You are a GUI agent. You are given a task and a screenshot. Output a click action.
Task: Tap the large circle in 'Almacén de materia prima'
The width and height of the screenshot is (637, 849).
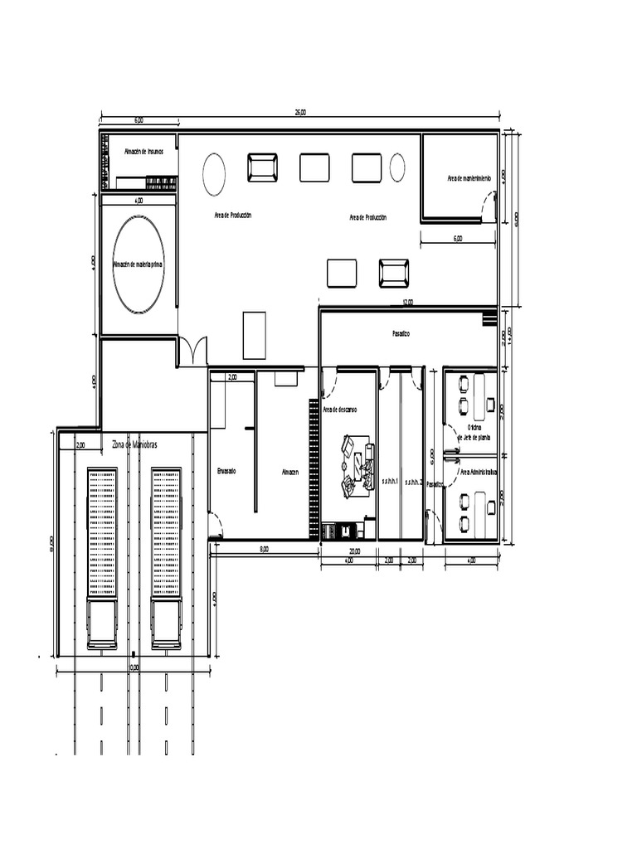click(139, 264)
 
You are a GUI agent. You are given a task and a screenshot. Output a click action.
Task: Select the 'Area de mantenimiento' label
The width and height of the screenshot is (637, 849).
click(469, 178)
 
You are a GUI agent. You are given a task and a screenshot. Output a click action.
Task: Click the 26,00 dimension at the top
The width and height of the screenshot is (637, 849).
click(299, 113)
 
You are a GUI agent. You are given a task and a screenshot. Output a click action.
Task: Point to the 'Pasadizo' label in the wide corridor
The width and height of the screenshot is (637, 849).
click(401, 333)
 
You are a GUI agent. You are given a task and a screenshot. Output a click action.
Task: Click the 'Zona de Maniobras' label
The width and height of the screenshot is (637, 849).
click(134, 444)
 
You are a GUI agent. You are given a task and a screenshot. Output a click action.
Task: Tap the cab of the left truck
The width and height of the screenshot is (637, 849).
click(102, 623)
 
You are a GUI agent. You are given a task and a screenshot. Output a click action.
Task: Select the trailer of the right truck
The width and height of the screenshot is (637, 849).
click(166, 531)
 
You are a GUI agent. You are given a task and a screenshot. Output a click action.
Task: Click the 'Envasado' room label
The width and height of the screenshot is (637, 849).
click(226, 471)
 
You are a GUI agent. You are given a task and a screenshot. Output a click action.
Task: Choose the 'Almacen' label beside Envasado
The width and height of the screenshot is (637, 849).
click(289, 471)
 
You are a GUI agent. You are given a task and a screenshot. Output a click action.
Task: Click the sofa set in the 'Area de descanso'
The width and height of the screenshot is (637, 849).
click(357, 467)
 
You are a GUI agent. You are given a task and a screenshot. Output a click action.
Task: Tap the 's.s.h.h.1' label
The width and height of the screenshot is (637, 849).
click(390, 481)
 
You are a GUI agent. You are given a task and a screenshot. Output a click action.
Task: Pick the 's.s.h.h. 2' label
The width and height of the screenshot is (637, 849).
click(414, 481)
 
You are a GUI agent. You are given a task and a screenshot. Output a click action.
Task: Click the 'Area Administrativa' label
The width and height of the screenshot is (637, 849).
click(479, 471)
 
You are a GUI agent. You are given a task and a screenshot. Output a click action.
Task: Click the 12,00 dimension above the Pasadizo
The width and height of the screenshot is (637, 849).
click(407, 302)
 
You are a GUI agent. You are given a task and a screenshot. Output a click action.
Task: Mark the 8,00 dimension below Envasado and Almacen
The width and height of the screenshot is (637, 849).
click(264, 549)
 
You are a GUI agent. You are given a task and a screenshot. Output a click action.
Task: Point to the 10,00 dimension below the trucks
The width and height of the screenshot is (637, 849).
click(134, 667)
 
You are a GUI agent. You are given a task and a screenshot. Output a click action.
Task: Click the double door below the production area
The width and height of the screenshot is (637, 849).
click(192, 352)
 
